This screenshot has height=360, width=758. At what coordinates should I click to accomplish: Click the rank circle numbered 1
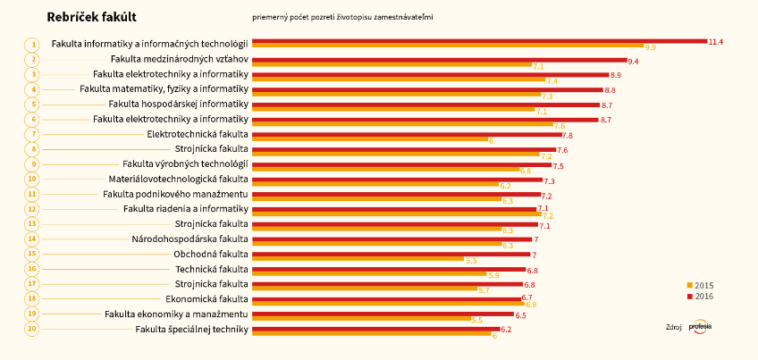pyautogui.click(x=32, y=44)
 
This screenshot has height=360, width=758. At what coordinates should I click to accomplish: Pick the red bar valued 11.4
pyautogui.click(x=478, y=41)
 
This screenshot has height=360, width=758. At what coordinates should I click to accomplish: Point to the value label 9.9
pyautogui.click(x=650, y=46)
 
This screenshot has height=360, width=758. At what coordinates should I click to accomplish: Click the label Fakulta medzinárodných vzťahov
pyautogui.click(x=173, y=59)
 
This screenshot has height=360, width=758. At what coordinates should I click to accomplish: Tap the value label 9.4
pyautogui.click(x=633, y=61)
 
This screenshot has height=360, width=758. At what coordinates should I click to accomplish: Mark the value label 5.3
pyautogui.click(x=471, y=261)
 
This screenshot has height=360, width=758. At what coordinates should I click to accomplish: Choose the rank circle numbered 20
pyautogui.click(x=32, y=329)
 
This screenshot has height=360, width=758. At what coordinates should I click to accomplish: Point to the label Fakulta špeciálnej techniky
pyautogui.click(x=191, y=330)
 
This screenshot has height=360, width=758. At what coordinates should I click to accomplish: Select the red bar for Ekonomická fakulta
pyautogui.click(x=386, y=297)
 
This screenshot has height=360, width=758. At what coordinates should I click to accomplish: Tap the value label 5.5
pyautogui.click(x=476, y=319)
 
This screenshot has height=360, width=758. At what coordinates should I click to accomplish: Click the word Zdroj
pyautogui.click(x=674, y=328)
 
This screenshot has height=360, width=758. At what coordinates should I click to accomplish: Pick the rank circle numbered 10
pyautogui.click(x=32, y=179)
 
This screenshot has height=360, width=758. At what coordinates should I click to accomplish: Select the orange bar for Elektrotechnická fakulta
pyautogui.click(x=369, y=139)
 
